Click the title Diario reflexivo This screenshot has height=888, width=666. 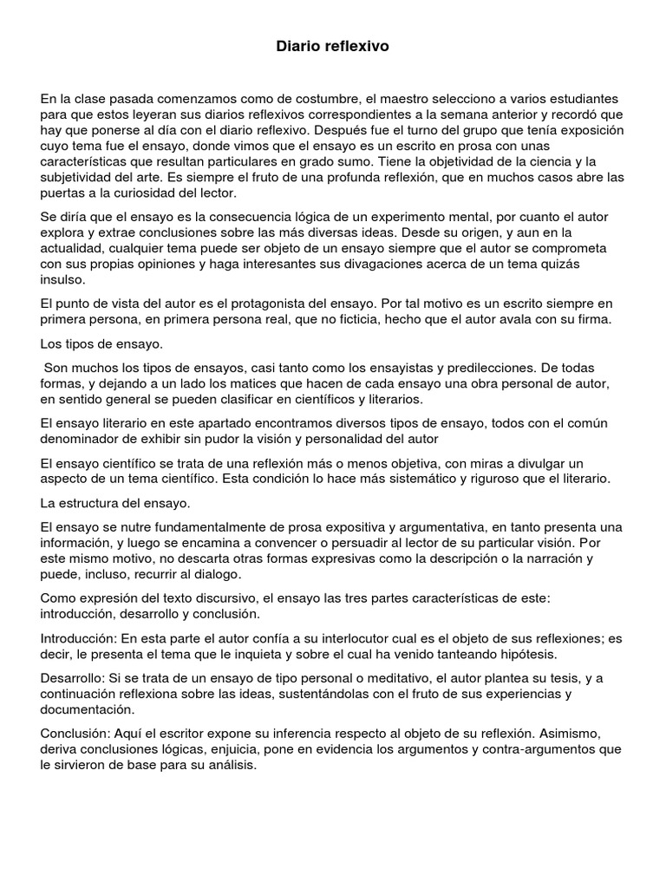333,47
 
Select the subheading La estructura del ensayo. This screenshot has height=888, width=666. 116,503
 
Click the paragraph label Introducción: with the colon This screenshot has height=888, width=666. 79,638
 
